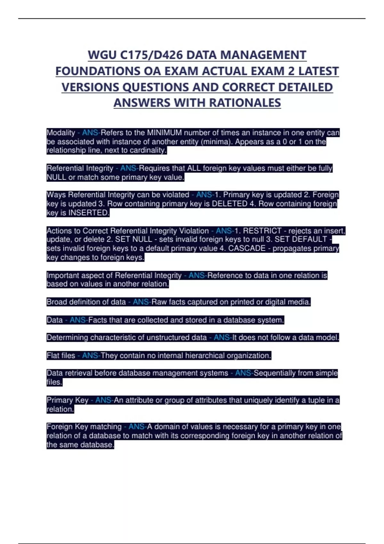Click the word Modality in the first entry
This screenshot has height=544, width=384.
click(x=61, y=133)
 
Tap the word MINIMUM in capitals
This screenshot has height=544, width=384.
click(x=164, y=133)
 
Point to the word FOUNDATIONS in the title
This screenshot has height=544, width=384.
click(x=98, y=71)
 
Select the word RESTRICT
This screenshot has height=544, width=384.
click(x=262, y=231)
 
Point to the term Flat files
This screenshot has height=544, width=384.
click(x=61, y=356)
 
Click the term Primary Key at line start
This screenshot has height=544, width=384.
click(x=68, y=400)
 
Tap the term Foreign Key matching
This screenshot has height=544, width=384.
click(x=84, y=427)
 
